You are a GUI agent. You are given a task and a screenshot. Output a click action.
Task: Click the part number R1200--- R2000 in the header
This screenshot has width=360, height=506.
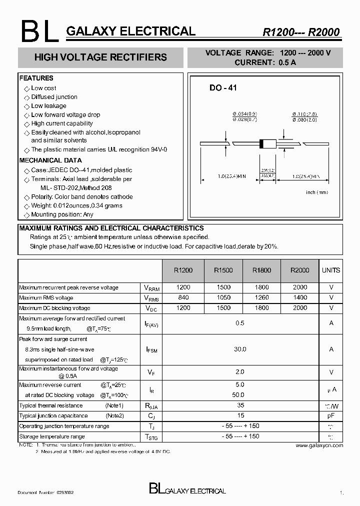[301, 32]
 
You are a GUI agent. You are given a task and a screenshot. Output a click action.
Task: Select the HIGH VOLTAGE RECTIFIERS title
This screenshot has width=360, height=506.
[100, 57]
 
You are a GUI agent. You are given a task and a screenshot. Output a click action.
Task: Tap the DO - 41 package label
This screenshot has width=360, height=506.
[223, 88]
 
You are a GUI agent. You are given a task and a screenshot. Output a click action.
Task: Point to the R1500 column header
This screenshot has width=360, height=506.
[223, 270]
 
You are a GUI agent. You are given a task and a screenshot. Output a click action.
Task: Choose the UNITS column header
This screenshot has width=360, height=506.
[331, 270]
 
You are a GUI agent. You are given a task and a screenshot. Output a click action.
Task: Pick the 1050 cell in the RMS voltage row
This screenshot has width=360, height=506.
[223, 298]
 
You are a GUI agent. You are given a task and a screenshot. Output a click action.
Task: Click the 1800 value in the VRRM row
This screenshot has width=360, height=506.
[261, 287]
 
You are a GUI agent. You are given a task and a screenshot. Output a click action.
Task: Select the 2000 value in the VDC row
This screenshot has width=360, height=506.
[300, 308]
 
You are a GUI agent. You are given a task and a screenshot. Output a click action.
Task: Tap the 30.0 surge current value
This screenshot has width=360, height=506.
[240, 349]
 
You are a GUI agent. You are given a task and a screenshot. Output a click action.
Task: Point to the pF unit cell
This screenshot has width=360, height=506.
[331, 415]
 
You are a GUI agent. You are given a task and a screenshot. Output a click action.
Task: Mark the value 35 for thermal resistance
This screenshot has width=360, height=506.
[240, 405]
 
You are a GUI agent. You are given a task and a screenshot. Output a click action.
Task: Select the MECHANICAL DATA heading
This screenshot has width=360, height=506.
[50, 160]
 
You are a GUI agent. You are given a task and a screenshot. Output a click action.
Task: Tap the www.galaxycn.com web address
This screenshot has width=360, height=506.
[319, 445]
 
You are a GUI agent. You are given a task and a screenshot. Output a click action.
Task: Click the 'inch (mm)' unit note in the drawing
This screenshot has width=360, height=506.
[317, 192]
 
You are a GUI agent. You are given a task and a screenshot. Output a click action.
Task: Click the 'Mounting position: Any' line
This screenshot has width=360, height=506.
[62, 214]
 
